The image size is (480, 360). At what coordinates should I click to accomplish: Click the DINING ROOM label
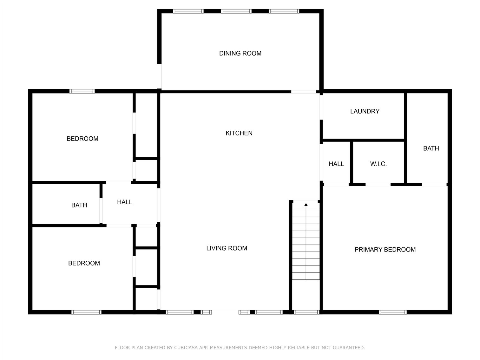240,53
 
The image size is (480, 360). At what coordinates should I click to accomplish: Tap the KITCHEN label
239,133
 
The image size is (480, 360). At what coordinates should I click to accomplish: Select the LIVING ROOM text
227,248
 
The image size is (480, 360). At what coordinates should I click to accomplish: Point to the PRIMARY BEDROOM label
385,250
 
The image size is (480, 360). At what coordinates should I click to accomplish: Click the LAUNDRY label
365,111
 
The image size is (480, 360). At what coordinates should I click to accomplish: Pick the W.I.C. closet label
378,164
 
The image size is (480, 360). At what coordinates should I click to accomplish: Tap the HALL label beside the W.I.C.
336,164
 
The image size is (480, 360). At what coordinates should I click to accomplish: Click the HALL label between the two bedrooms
124,202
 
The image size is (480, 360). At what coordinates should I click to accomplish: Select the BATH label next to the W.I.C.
431,148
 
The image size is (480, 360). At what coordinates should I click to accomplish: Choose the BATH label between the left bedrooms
79,205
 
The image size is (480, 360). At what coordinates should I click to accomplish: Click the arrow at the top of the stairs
306,205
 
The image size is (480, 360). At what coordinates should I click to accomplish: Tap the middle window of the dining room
236,11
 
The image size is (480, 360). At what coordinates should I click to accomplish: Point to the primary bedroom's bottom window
393,312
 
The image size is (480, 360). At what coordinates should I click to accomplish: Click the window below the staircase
306,312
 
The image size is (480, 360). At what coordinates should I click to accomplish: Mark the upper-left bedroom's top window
82,91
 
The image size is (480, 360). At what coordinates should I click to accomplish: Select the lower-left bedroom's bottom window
86,312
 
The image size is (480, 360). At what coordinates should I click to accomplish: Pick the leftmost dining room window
188,11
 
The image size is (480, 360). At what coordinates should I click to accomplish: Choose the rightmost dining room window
284,11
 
